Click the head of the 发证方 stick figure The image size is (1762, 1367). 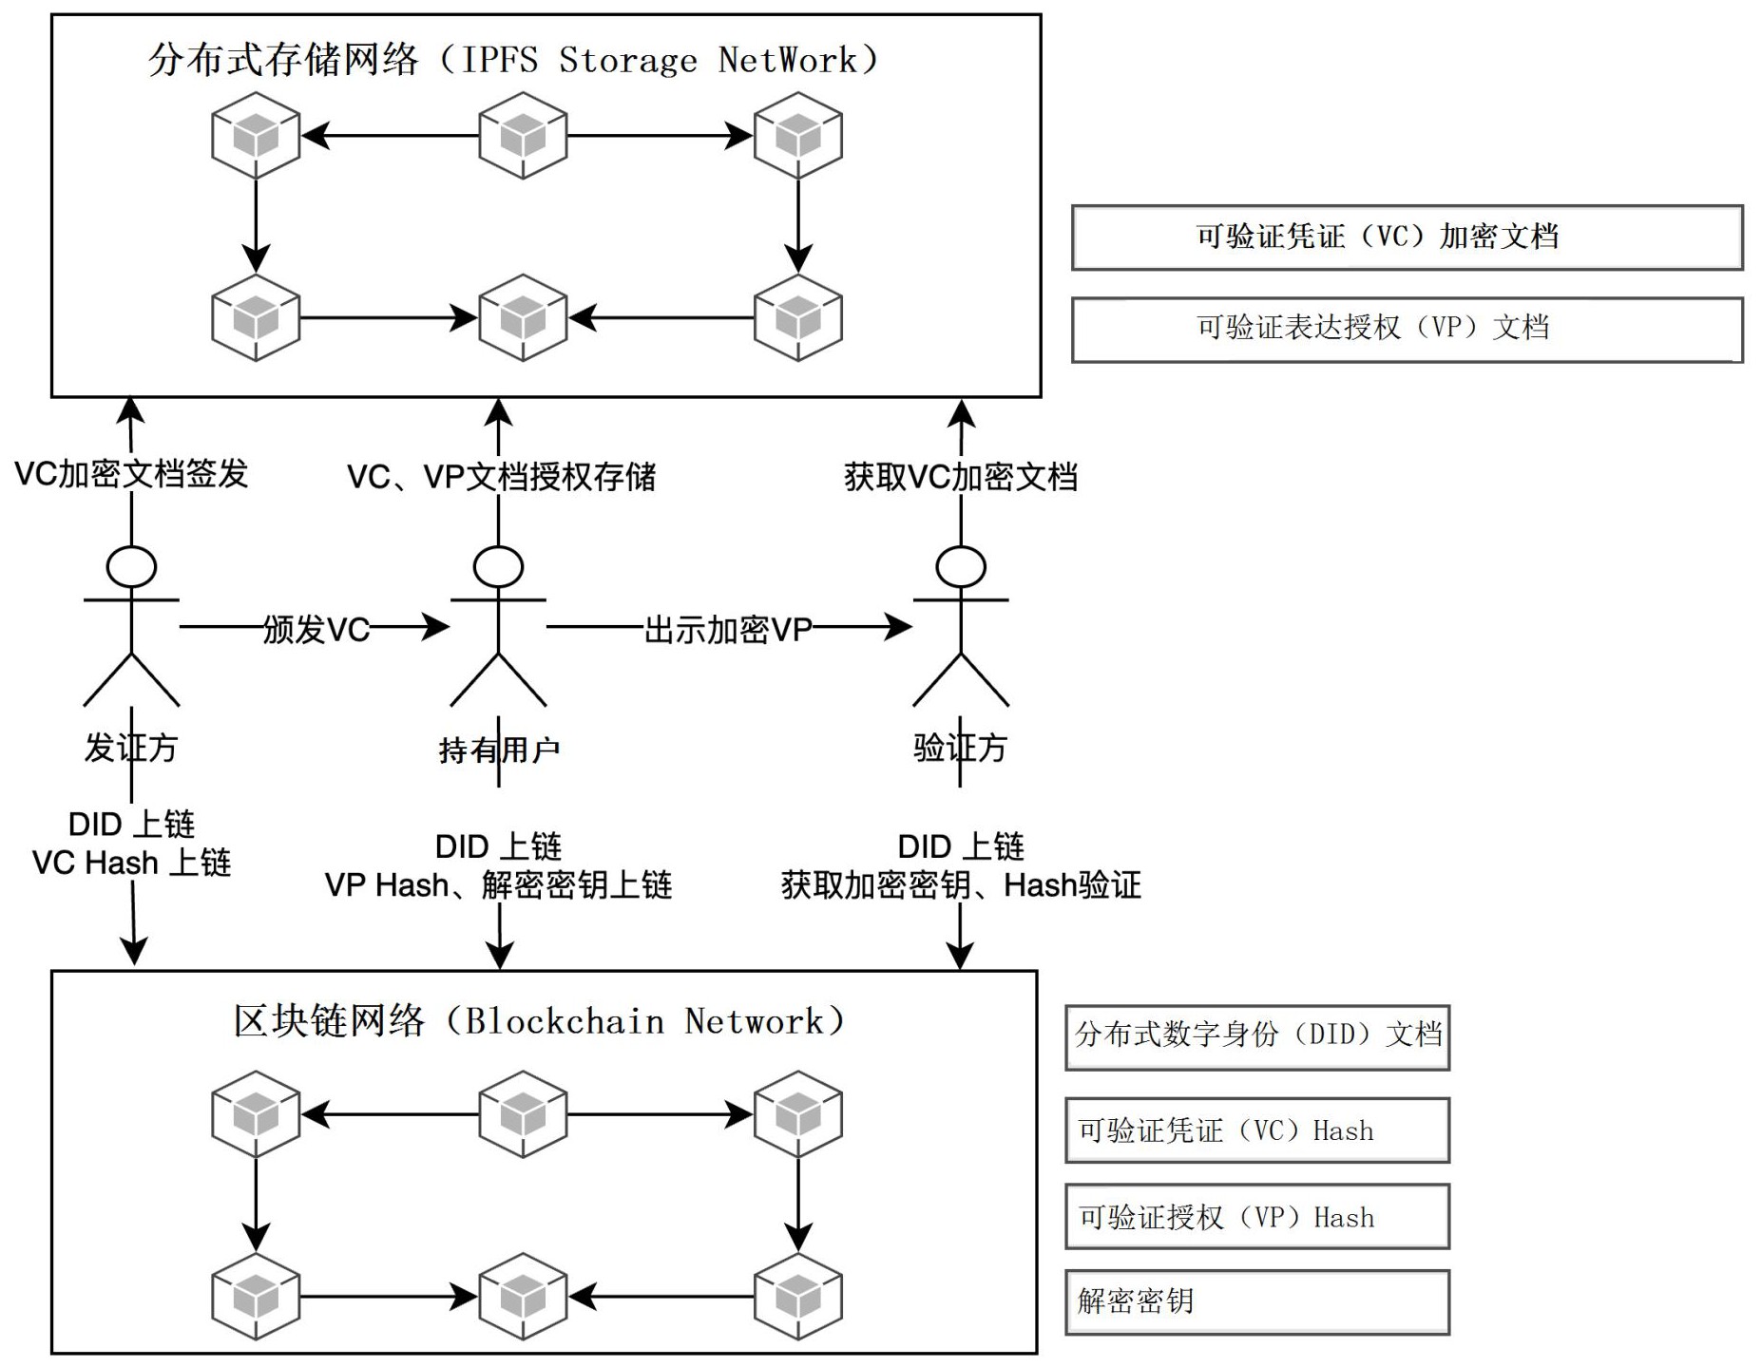click(x=131, y=567)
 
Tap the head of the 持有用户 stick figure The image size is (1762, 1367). click(x=498, y=567)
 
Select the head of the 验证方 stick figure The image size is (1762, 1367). click(x=960, y=567)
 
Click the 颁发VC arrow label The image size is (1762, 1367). click(x=316, y=629)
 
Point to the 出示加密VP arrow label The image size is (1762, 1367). click(x=728, y=629)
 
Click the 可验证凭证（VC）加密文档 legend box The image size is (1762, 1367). click(x=1406, y=237)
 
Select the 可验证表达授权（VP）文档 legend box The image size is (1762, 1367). click(x=1406, y=329)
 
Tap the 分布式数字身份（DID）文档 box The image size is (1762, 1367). click(x=1256, y=1036)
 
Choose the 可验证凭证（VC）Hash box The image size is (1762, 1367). click(x=1256, y=1130)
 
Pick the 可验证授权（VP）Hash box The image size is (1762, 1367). click(x=1256, y=1216)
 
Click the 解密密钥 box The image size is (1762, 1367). click(x=1256, y=1301)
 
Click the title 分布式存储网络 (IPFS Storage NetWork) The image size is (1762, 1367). click(x=513, y=60)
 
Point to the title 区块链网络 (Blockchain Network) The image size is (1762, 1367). click(x=539, y=1021)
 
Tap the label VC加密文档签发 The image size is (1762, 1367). click(x=131, y=473)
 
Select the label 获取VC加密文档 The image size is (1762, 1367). click(x=960, y=476)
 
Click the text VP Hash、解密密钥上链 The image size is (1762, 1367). click(x=498, y=885)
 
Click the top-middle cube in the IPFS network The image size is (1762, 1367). click(x=523, y=135)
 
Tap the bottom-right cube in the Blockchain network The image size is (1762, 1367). click(x=797, y=1296)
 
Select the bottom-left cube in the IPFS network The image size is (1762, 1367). click(x=256, y=317)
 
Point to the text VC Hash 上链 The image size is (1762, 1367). click(x=131, y=863)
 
